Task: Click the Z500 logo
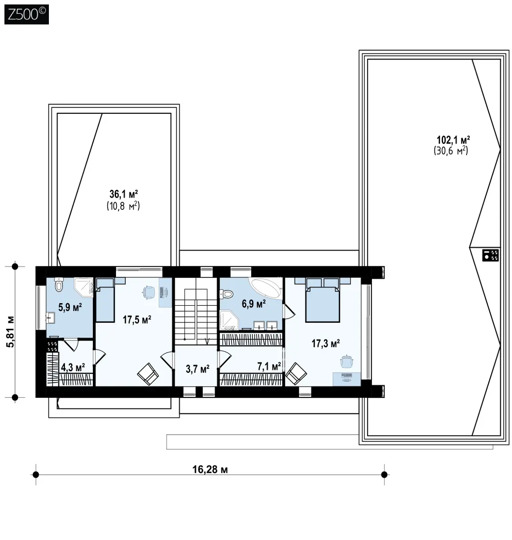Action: (x=27, y=14)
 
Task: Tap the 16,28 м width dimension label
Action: (x=210, y=469)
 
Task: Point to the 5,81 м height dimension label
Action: (x=11, y=332)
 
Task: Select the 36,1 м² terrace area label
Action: (x=124, y=194)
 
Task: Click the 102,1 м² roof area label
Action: (x=453, y=140)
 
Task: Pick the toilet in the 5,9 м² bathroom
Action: (x=59, y=284)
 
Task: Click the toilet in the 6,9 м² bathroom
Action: (x=226, y=294)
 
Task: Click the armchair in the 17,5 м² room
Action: (x=148, y=374)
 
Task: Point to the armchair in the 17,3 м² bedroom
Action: (x=296, y=373)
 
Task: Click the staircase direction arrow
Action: (x=208, y=341)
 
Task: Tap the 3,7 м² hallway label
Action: (x=197, y=369)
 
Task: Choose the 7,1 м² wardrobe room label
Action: (x=269, y=366)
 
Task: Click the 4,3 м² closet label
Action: (x=73, y=367)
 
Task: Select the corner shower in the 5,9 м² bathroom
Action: (x=84, y=287)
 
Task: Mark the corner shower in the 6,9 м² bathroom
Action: (x=229, y=320)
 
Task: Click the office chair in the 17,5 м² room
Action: (x=148, y=292)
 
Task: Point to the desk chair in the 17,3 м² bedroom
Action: (x=347, y=361)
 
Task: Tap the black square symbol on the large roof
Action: (x=490, y=255)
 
